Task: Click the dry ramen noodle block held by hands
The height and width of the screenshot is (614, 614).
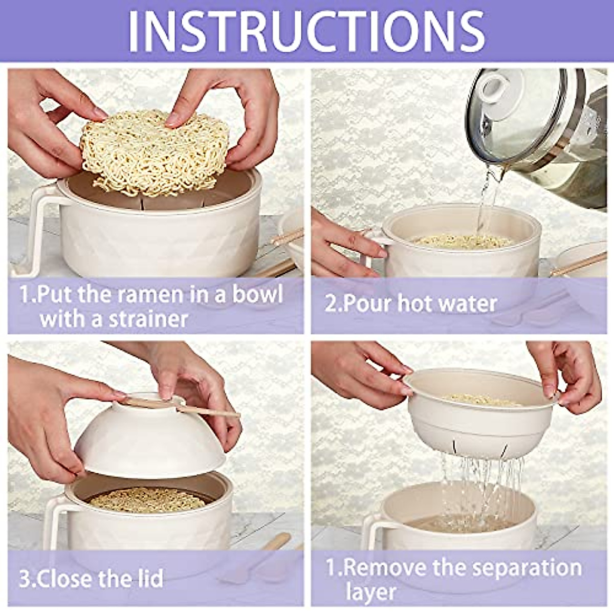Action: click(x=153, y=151)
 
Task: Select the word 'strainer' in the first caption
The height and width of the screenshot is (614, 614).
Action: click(x=148, y=319)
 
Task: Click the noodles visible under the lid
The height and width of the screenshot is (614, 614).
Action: click(x=148, y=499)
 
